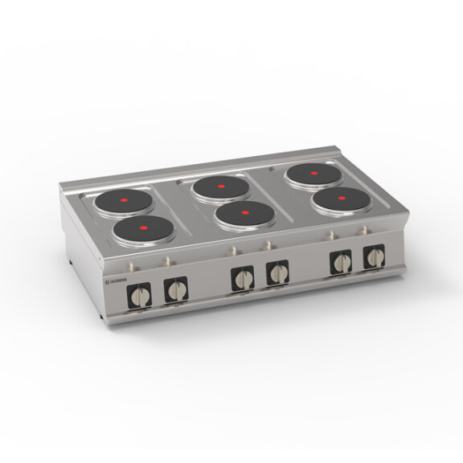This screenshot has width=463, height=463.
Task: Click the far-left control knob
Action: click(x=140, y=296)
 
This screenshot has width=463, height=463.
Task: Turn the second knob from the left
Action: click(x=175, y=289)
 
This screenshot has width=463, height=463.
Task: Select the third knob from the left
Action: click(x=243, y=278)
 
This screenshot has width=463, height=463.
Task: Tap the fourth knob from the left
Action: click(x=277, y=272)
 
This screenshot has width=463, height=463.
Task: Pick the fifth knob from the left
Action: click(x=342, y=262)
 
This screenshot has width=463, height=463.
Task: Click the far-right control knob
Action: click(x=374, y=257)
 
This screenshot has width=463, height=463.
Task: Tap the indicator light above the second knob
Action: click(x=167, y=260)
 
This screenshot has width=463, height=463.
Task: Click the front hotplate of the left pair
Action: click(x=143, y=230)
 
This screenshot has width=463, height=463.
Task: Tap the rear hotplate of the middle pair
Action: click(x=221, y=186)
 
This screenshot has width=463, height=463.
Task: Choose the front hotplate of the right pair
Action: click(x=341, y=199)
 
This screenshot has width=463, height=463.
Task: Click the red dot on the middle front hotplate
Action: click(x=244, y=214)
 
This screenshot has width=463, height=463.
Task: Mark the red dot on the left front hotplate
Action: click(x=143, y=228)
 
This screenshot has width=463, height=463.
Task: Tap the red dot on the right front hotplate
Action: click(x=341, y=198)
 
